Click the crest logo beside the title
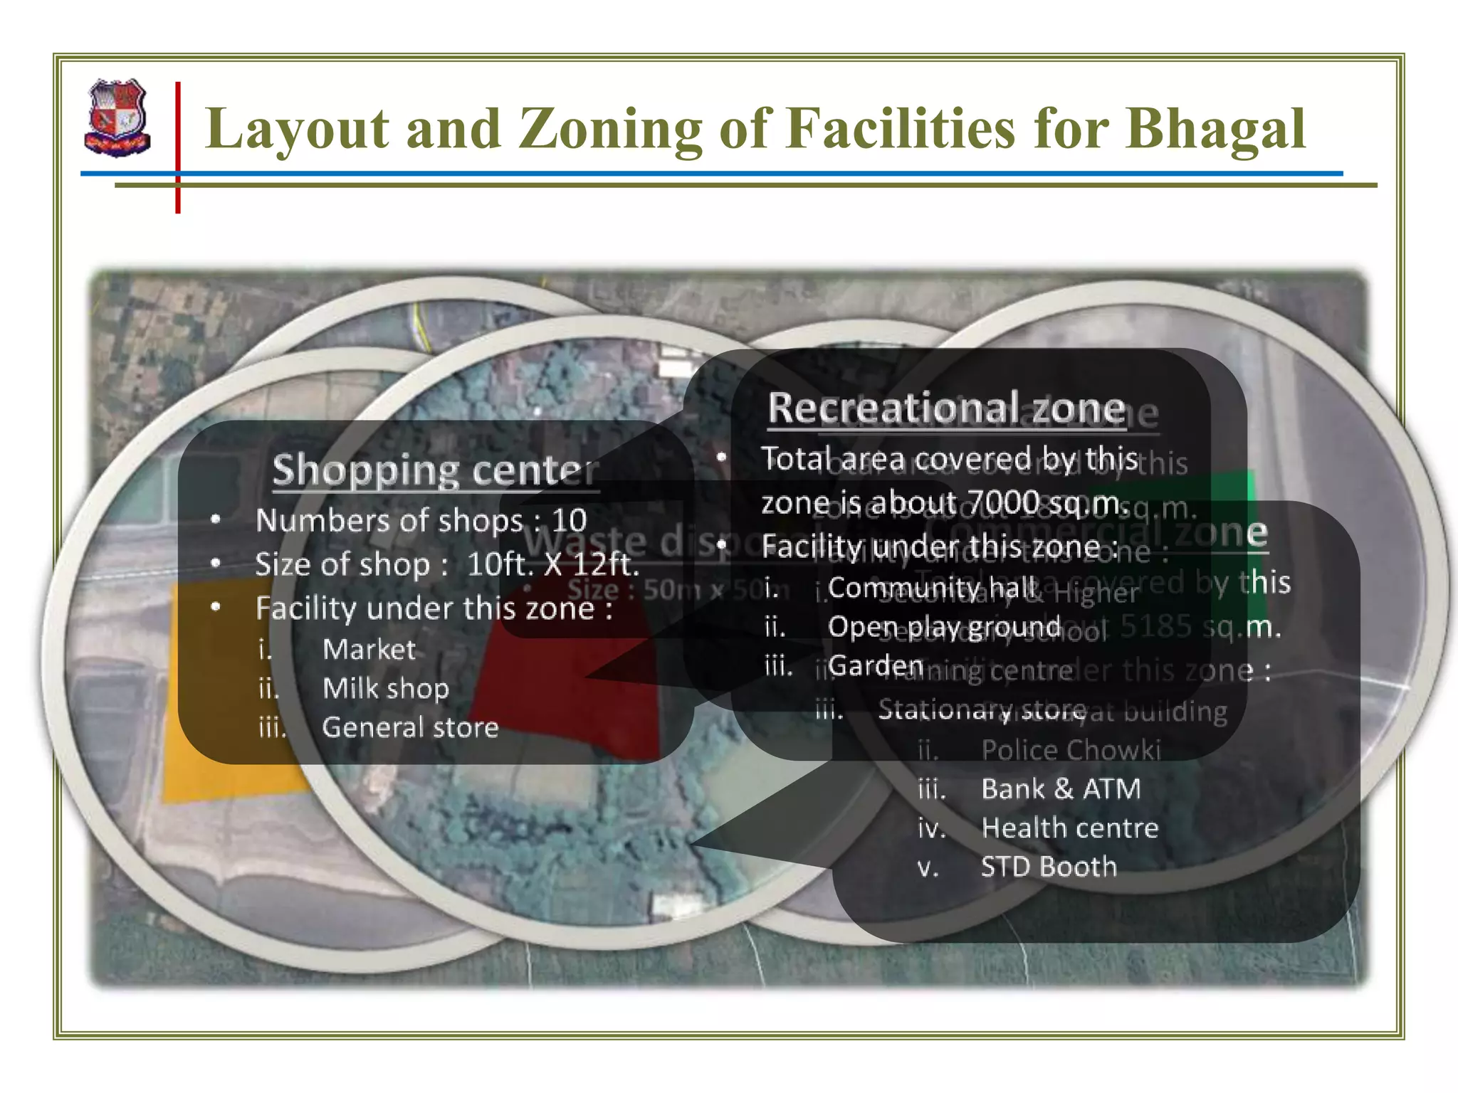pos(117,118)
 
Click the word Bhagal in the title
pos(1215,129)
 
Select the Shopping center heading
pos(434,470)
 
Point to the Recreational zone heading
pos(946,408)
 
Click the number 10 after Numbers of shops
pos(569,520)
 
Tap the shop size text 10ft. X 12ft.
pos(553,564)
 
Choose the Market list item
pos(369,649)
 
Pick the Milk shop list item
pos(385,688)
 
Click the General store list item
pos(410,727)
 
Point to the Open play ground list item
pos(944,627)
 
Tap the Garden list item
pos(876,666)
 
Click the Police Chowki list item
pos(1071,750)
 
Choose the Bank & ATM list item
pos(1061,788)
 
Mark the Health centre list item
pos(1069,828)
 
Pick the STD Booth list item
pos(1049,867)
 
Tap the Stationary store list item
pos(982,709)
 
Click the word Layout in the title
pos(297,129)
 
